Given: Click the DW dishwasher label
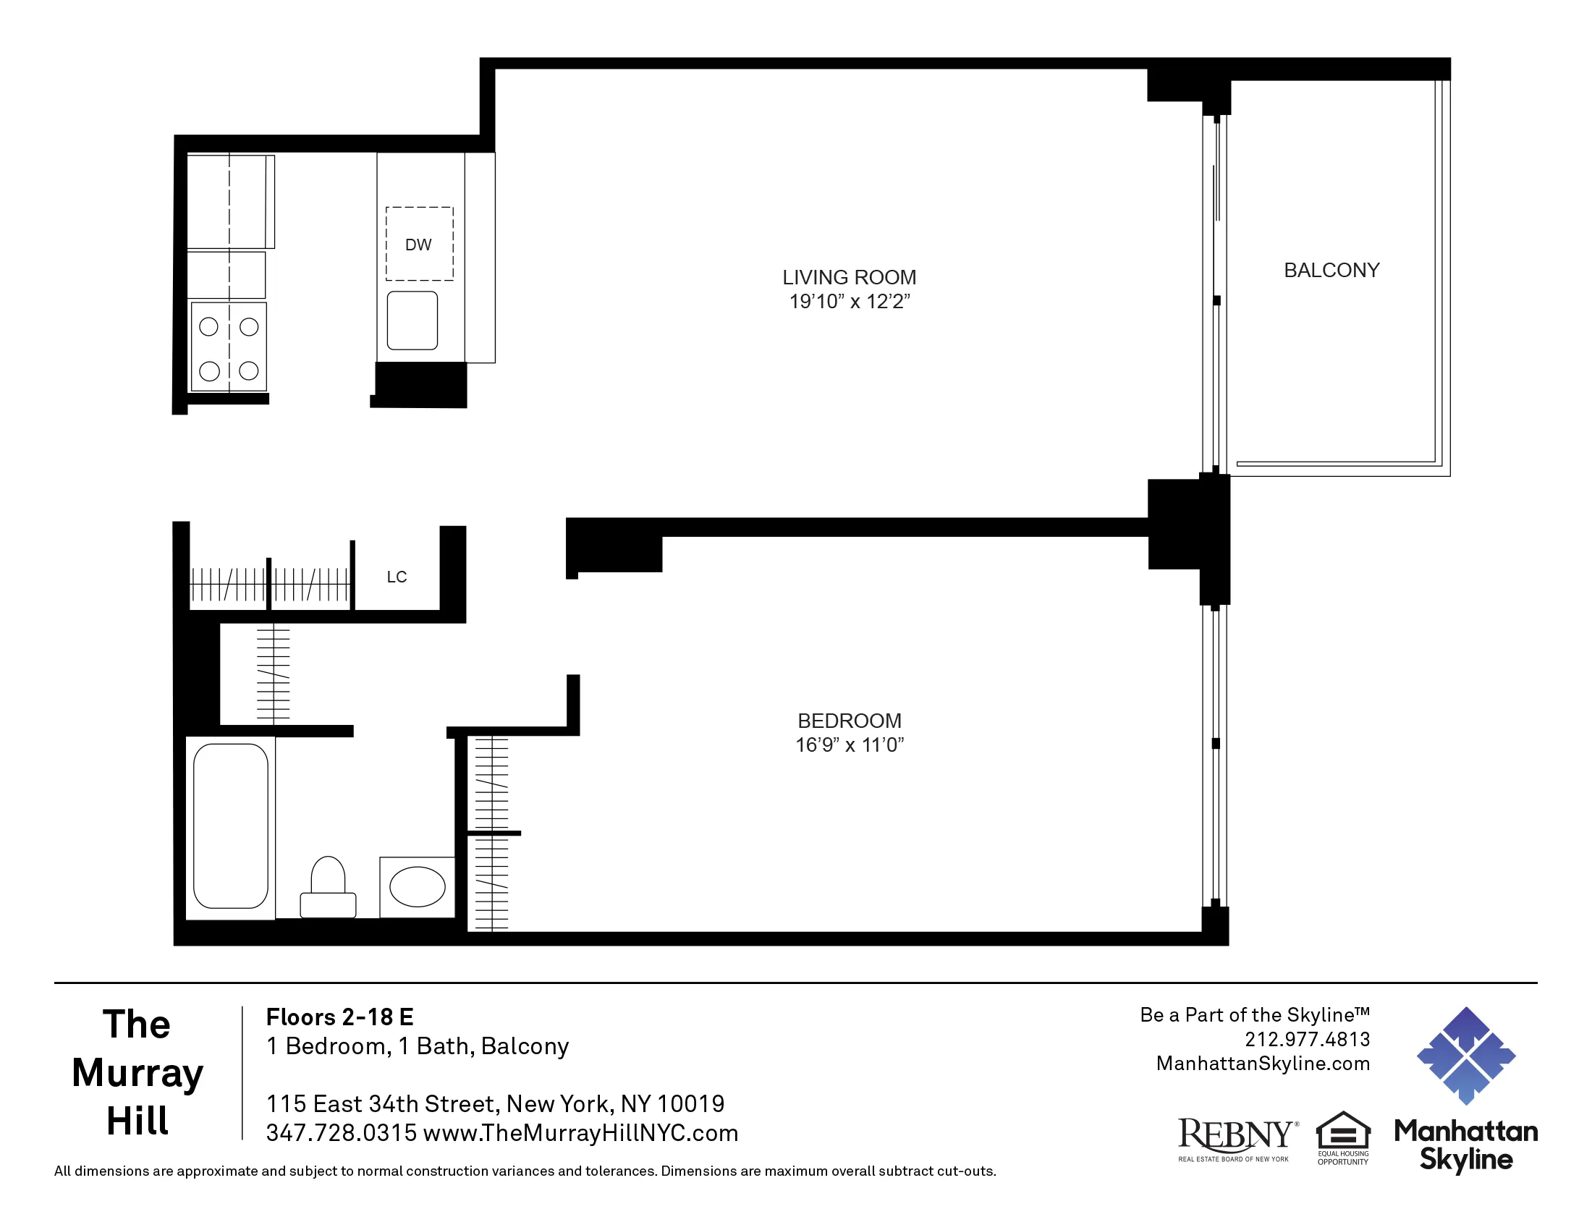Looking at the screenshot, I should [418, 245].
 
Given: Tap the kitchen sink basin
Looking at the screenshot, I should [412, 321].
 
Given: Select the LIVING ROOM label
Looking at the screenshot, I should [850, 278].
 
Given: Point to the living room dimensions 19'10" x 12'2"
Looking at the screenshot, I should [850, 302].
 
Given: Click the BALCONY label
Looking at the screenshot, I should [1331, 271].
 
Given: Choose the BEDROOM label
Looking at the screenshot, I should [850, 721].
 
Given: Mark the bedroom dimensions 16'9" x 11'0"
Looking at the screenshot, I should [850, 745].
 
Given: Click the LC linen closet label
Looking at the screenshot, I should [397, 577].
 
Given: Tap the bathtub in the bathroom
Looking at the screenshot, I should [231, 826].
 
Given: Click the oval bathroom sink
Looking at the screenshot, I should [418, 887].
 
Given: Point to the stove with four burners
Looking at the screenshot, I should [229, 347].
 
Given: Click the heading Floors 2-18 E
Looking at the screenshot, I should [339, 1017].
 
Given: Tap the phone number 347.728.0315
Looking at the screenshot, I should [341, 1133].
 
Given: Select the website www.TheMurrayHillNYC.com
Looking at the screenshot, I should [581, 1133].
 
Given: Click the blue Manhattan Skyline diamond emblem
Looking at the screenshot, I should [1466, 1056].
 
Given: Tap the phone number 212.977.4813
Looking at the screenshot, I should [1307, 1039].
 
